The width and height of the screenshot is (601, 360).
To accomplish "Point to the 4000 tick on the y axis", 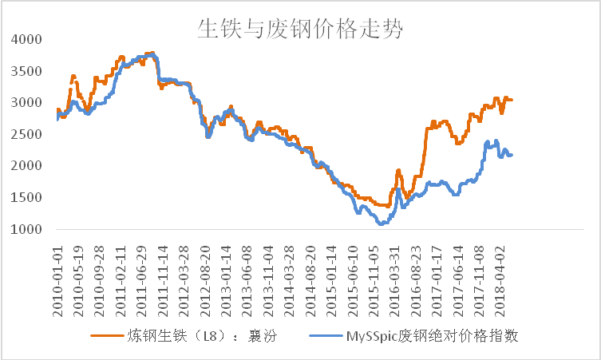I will pyautogui.click(x=28, y=39).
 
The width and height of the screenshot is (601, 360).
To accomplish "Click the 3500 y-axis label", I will pyautogui.click(x=28, y=71).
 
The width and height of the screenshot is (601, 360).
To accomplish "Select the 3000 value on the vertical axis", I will pyautogui.click(x=28, y=103).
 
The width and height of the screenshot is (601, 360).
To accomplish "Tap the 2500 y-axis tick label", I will pyautogui.click(x=28, y=134).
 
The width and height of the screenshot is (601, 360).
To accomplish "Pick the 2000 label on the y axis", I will pyautogui.click(x=28, y=166).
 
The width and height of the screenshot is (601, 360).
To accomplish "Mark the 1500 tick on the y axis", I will pyautogui.click(x=28, y=198).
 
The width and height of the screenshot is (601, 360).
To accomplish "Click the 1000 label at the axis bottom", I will pyautogui.click(x=28, y=230).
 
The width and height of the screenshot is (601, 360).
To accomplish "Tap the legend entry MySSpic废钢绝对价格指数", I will pyautogui.click(x=432, y=336).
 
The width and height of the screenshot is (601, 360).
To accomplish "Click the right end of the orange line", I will pyautogui.click(x=512, y=100).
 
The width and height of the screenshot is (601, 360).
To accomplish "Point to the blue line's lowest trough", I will pyautogui.click(x=382, y=224).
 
